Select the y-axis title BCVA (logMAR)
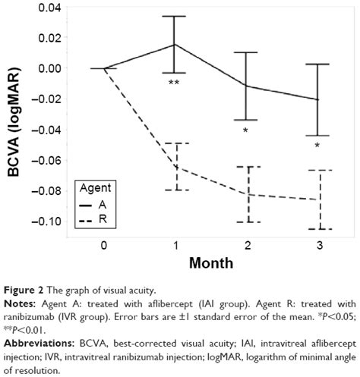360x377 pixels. click(13, 114)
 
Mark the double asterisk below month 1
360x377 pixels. click(174, 82)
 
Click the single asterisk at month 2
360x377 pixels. click(245, 131)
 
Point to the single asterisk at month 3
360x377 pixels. click(317, 145)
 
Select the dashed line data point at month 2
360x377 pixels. click(245, 194)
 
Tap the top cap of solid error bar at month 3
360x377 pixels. click(316, 64)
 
